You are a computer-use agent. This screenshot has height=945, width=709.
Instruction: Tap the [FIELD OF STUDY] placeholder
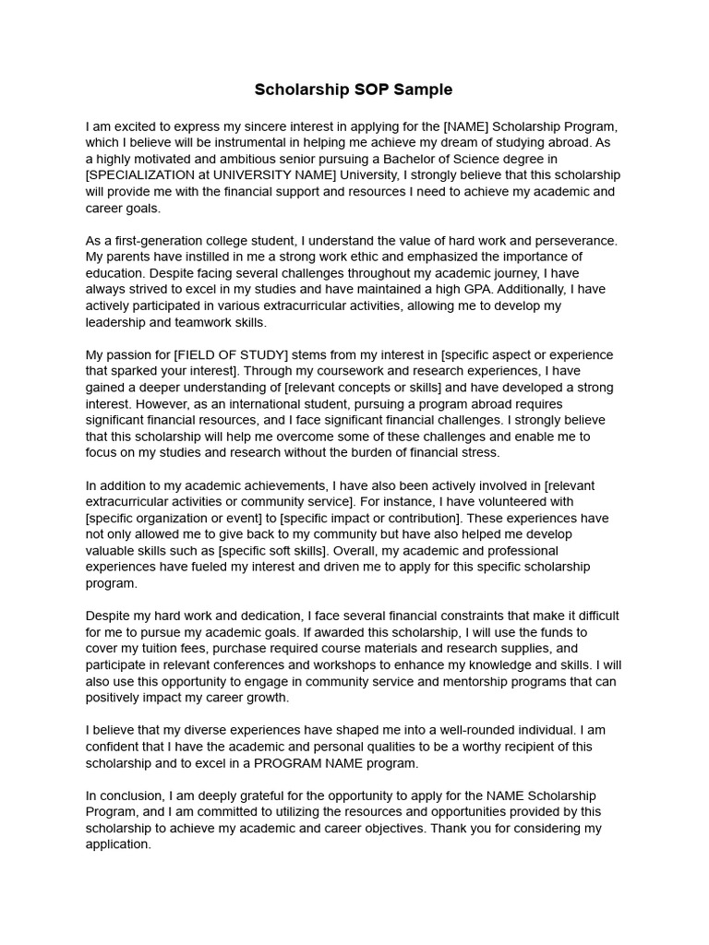[232, 355]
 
